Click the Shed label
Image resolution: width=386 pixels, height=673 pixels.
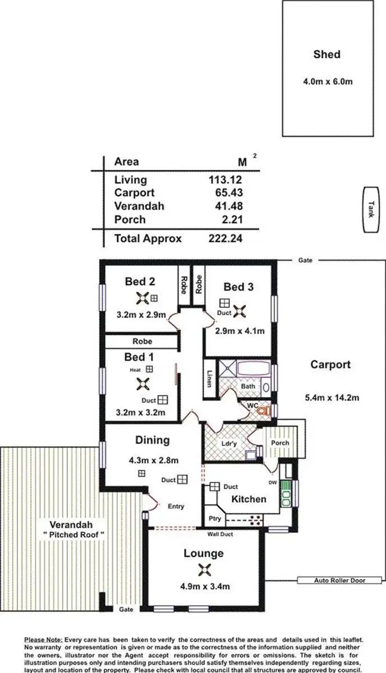327,54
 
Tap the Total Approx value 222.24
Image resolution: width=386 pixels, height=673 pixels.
223,238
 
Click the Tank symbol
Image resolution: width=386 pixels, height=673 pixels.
370,209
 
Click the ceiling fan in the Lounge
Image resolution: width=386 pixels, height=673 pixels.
203,570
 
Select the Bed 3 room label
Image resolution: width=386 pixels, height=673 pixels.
238,287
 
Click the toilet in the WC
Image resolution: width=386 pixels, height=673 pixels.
262,410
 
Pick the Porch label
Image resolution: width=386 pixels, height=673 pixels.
280,443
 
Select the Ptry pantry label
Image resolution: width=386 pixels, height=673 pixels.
214,519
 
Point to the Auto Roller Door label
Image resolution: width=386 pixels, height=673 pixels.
340,580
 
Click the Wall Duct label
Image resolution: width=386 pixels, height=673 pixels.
219,534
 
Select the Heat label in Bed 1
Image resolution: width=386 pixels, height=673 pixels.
135,370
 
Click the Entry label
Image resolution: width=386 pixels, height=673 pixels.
176,506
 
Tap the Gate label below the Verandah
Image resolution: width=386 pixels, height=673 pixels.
126,609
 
